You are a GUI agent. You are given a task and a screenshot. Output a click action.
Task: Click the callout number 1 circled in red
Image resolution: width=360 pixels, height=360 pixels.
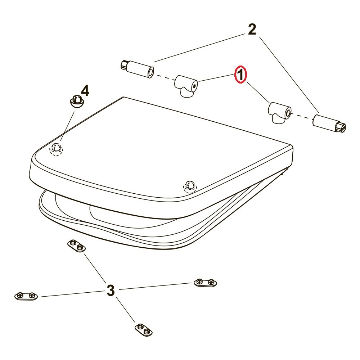(240, 75)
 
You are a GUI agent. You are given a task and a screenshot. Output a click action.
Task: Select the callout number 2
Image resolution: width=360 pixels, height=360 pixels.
(252, 30)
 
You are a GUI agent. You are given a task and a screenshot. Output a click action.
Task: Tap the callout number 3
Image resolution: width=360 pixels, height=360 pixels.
(111, 290)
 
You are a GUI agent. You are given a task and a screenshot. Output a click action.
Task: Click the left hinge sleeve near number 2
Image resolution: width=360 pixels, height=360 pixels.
(137, 69)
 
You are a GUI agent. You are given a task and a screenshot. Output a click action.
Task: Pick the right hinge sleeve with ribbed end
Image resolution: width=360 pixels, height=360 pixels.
(329, 123)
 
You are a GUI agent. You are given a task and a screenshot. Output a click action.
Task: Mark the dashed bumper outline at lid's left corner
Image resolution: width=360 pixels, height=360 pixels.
(56, 149)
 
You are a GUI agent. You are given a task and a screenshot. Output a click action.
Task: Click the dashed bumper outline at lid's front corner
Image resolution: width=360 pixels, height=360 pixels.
(190, 187)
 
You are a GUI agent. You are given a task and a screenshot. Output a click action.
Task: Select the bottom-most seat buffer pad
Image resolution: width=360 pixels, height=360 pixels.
(144, 329)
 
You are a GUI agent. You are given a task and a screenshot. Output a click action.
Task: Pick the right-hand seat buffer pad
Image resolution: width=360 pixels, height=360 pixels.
(205, 283)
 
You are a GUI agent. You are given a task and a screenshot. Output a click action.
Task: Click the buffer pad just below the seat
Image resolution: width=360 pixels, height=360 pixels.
(76, 246)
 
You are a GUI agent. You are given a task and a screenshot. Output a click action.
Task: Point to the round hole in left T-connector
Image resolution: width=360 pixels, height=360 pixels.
(194, 86)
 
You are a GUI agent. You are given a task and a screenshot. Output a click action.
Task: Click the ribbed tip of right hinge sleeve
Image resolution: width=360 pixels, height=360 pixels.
(341, 128)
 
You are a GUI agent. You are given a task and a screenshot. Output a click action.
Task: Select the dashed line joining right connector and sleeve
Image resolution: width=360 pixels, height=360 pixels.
(302, 116)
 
